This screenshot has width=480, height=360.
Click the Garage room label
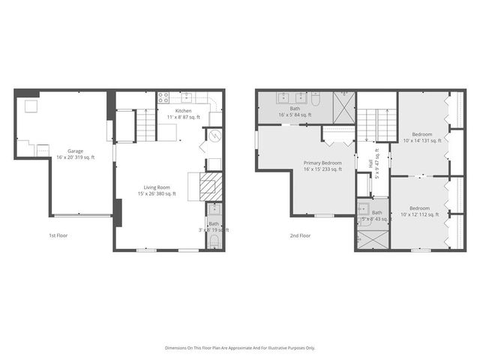76,150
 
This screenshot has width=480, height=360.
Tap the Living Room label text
157,187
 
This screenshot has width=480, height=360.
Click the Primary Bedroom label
322,163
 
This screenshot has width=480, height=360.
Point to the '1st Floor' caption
58,235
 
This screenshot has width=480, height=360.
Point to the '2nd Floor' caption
300,235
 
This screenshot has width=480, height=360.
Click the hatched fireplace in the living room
209,186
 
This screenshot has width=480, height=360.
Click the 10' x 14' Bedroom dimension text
422,139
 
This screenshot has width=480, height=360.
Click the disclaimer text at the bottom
240,348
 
